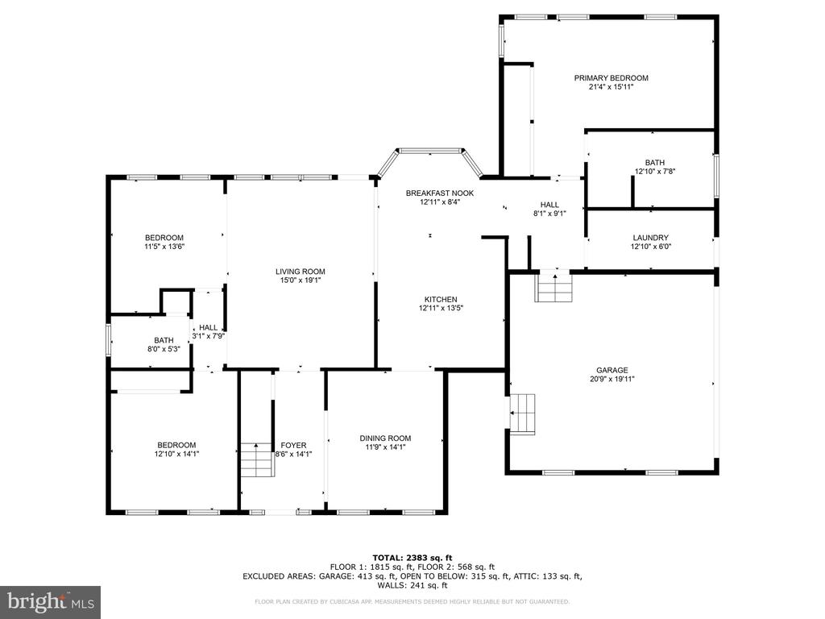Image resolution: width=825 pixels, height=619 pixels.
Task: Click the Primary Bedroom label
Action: click(x=611, y=78)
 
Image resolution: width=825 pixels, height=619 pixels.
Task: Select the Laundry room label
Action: click(x=650, y=238)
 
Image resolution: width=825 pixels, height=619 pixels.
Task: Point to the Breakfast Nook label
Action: click(x=439, y=193)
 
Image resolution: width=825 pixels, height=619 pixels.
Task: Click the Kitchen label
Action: click(x=441, y=299)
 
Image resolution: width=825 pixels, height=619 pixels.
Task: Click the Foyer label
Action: click(x=293, y=445)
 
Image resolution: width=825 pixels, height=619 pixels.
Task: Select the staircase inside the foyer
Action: click(x=257, y=459)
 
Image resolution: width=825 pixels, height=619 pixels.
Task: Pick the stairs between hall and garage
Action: click(x=554, y=288)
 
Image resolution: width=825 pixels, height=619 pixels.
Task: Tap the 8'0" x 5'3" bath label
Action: click(x=164, y=340)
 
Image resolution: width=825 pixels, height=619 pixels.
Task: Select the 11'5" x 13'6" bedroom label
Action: click(x=164, y=237)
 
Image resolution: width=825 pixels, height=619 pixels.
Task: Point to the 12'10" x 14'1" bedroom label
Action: click(x=176, y=445)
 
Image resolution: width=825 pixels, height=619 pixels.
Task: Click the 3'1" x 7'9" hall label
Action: click(x=208, y=327)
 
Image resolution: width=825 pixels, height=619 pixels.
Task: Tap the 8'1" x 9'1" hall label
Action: click(x=549, y=205)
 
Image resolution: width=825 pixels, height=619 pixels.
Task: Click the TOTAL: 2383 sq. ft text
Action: click(x=412, y=558)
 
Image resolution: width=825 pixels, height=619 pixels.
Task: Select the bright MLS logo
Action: click(x=50, y=602)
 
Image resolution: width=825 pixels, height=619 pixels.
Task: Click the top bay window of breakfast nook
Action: click(x=433, y=150)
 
